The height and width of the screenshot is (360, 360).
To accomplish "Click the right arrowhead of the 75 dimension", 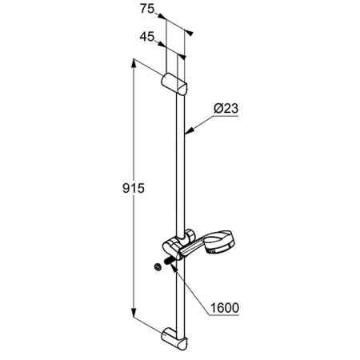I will pyautogui.click(x=190, y=32).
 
